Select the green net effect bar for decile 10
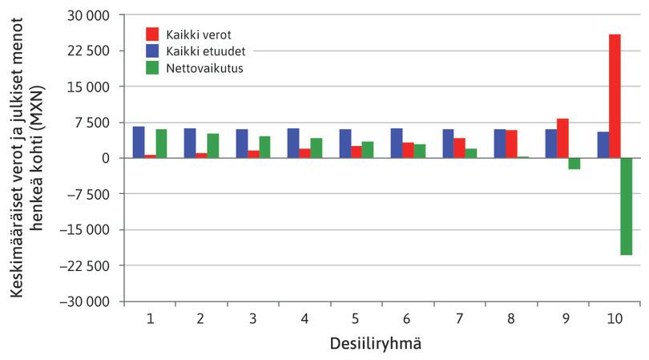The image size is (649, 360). (x=626, y=206)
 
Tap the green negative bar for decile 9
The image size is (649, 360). (x=574, y=164)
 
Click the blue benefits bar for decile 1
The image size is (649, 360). (x=139, y=143)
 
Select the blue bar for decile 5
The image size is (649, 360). (x=345, y=144)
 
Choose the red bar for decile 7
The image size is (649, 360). (x=459, y=148)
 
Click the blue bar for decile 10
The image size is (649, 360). (x=603, y=145)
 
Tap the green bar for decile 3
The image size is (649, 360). (x=264, y=148)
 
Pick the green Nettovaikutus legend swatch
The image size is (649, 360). (x=152, y=67)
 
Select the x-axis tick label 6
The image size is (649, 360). (x=408, y=319)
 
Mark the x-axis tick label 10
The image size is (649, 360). (x=614, y=319)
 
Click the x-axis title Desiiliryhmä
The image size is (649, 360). (x=377, y=344)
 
